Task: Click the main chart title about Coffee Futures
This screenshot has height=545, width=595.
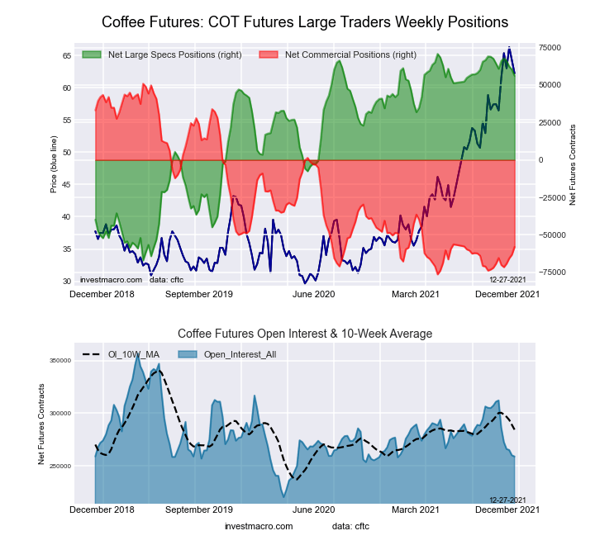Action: click(305, 21)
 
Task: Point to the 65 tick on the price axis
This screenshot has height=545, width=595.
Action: click(66, 55)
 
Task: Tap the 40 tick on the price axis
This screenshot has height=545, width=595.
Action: click(66, 217)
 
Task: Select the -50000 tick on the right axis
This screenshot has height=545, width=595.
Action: click(551, 235)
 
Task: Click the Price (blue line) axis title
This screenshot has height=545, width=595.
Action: click(54, 165)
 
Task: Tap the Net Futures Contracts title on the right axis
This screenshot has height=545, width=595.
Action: click(572, 165)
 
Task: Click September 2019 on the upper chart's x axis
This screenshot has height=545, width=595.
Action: click(199, 293)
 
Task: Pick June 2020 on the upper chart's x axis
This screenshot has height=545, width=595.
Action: click(314, 293)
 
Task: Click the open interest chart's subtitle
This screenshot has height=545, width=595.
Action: click(305, 334)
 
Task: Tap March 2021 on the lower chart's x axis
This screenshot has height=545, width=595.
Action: click(415, 509)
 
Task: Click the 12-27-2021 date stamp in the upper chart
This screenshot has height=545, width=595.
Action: click(507, 281)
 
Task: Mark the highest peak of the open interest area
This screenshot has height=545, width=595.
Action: click(136, 354)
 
